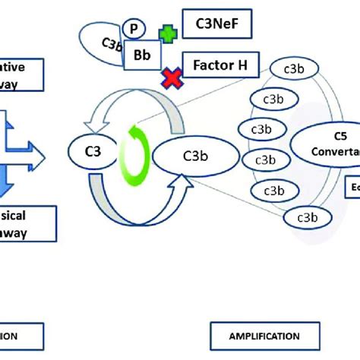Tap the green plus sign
coord(166,34)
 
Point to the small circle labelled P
coord(134,28)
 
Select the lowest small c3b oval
coord(301,219)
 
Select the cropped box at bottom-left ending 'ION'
coord(17,335)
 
